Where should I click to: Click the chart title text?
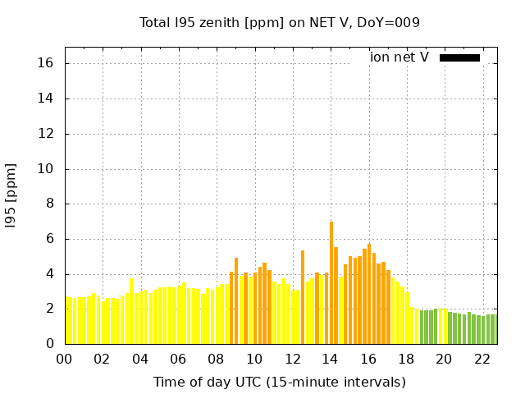pyautogui.click(x=279, y=23)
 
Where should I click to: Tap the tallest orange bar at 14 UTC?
pyautogui.click(x=331, y=282)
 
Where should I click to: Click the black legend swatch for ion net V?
pyautogui.click(x=459, y=57)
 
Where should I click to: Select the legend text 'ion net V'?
pyautogui.click(x=399, y=57)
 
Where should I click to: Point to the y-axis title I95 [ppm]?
pyautogui.click(x=11, y=195)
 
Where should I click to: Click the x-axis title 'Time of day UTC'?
pyautogui.click(x=279, y=382)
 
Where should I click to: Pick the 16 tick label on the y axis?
pyautogui.click(x=47, y=63)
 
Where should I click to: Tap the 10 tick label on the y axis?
pyautogui.click(x=47, y=169)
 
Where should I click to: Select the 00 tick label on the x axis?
pyautogui.click(x=65, y=359)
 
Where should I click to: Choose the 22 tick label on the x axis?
pyautogui.click(x=482, y=359)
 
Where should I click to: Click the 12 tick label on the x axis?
pyautogui.click(x=292, y=359)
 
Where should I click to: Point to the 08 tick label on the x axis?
pyautogui.click(x=217, y=359)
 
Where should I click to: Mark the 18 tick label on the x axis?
pyautogui.click(x=406, y=359)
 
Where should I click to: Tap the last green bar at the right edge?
pyautogui.click(x=495, y=329)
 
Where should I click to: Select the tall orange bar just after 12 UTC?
pyautogui.click(x=303, y=297)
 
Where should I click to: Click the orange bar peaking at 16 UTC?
pyautogui.click(x=369, y=294)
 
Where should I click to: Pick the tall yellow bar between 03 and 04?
pyautogui.click(x=131, y=311)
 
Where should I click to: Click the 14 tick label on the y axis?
pyautogui.click(x=47, y=98)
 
